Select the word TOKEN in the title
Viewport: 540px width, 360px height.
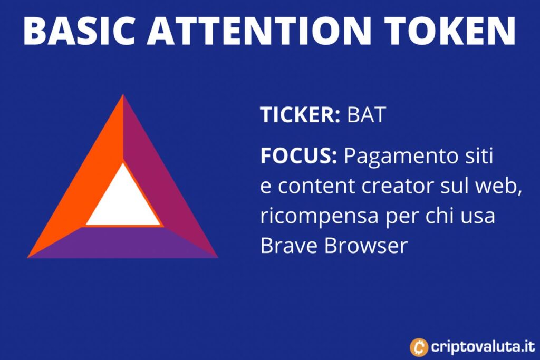(450, 30)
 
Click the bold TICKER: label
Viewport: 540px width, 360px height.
(300, 114)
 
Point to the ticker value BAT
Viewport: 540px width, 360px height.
(366, 114)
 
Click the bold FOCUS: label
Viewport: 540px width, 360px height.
(298, 155)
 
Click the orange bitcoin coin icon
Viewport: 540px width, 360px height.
(419, 347)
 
